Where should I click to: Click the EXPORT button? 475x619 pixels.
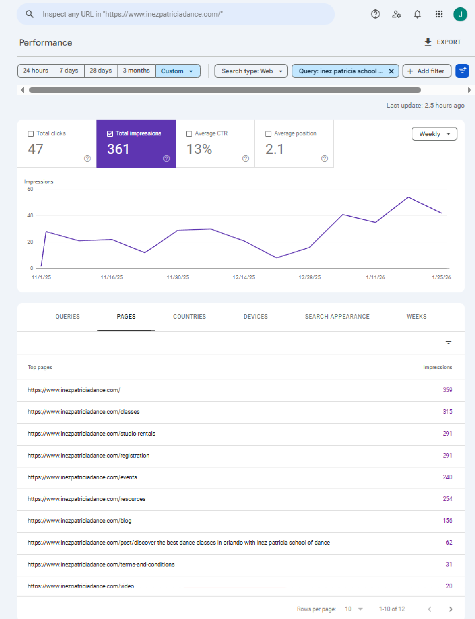443,42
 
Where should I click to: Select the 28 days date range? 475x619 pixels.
100,71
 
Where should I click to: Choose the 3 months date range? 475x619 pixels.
136,71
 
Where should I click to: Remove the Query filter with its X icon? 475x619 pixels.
391,71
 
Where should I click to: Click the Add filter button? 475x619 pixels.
427,71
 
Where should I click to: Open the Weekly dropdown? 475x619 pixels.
434,134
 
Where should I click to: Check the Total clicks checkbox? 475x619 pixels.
31,133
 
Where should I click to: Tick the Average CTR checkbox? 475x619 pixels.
189,133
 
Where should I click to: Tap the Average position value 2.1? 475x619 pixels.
274,149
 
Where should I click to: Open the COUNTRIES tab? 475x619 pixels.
190,317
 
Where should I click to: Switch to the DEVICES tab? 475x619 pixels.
255,317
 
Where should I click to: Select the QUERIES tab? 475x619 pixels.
67,317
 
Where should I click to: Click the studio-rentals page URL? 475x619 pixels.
91,433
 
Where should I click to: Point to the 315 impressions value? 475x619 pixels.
447,412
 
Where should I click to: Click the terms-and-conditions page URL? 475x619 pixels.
101,564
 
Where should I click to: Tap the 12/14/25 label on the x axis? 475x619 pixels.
243,277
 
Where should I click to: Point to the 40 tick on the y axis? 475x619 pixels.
30,215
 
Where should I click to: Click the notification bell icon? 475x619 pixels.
417,14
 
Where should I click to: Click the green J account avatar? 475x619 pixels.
460,14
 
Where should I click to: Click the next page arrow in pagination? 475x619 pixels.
451,609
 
